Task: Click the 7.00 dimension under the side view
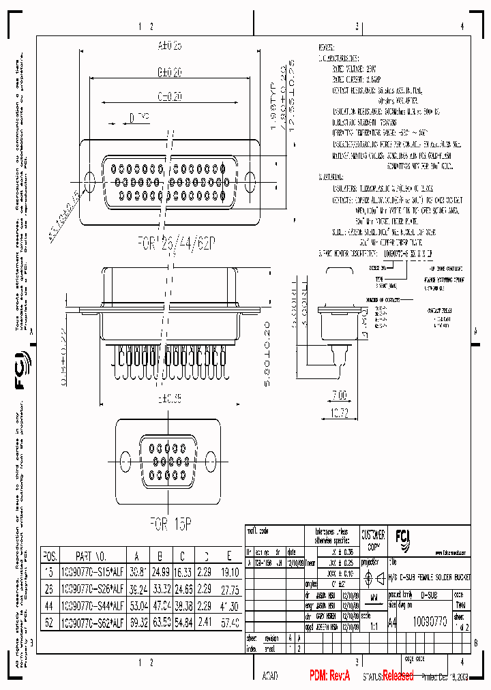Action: tap(339, 395)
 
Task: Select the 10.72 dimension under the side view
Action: tap(339, 413)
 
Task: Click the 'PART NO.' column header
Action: tap(90, 555)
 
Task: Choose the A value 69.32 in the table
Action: tap(138, 622)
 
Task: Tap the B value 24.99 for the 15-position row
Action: tap(161, 571)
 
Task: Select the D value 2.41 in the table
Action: tap(207, 622)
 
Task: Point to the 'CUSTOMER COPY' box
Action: tap(373, 539)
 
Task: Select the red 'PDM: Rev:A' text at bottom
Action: tap(329, 675)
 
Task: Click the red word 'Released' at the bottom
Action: tap(398, 676)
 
